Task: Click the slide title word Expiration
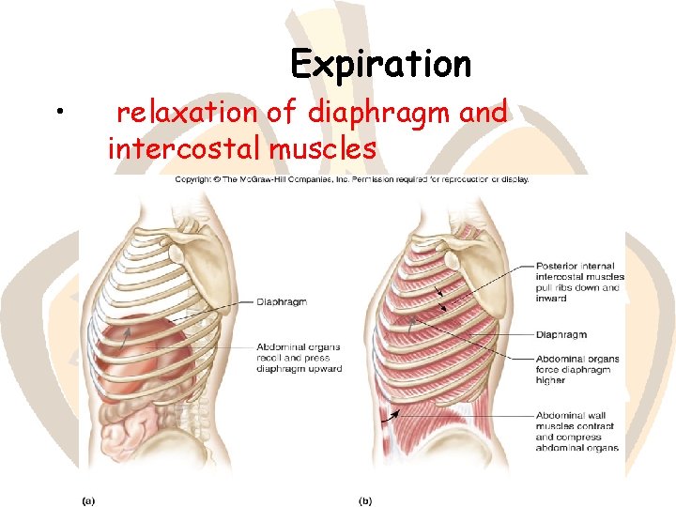(380, 64)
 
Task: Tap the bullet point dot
(59, 114)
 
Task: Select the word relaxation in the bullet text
(188, 113)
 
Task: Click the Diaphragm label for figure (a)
(281, 301)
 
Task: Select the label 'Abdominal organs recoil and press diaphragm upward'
(298, 358)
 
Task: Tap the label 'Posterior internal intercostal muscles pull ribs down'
(576, 276)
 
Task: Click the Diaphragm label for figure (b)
(561, 334)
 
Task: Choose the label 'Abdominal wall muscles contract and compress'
(576, 431)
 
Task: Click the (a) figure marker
(87, 499)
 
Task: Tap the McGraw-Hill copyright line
(351, 178)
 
